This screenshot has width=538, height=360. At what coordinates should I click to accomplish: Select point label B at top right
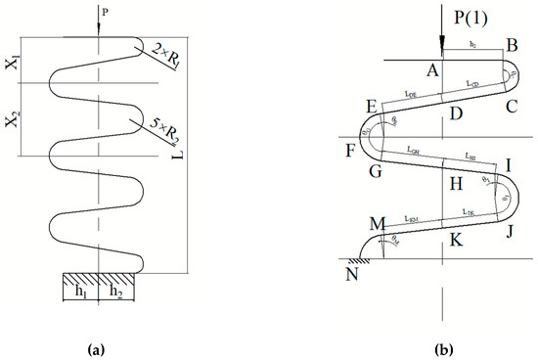point(508,46)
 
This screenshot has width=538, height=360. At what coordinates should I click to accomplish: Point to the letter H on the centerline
point(453,184)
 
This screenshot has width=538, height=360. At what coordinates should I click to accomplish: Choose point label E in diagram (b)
point(370,106)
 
